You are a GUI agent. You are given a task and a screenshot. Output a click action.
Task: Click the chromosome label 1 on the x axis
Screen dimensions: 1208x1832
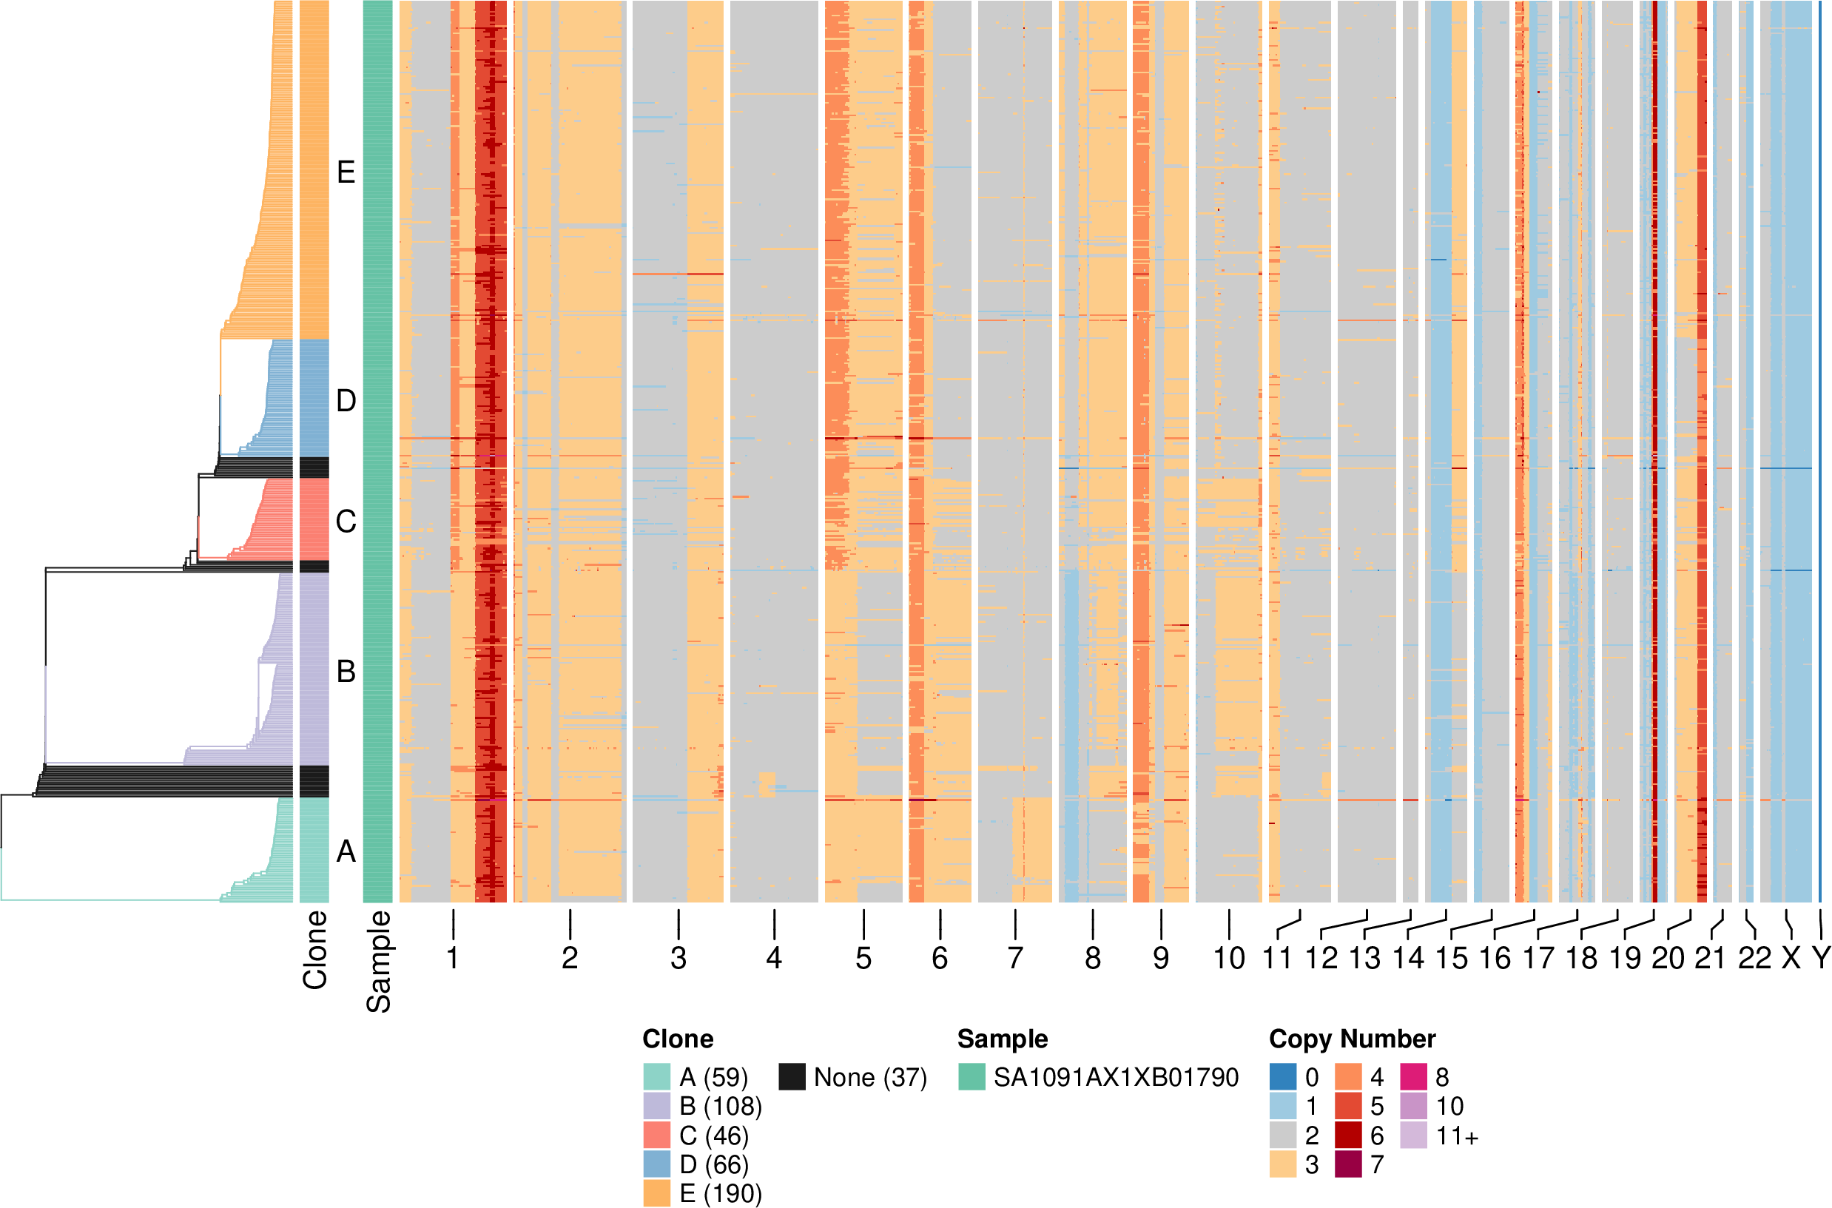[453, 959]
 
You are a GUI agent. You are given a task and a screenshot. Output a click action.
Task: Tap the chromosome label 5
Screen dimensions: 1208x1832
[863, 959]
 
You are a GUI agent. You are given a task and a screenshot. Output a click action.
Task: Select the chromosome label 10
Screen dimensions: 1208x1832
[1229, 959]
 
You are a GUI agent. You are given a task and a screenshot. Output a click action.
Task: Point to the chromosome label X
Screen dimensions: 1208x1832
[1791, 959]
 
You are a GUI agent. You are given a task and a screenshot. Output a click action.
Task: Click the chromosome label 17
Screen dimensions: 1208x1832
[1538, 959]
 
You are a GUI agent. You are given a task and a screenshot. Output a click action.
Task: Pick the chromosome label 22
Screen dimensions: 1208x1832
[1754, 959]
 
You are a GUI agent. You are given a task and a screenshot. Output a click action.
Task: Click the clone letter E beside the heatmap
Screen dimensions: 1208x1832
[346, 172]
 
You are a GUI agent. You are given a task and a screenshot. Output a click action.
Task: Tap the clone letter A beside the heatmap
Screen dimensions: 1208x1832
[346, 851]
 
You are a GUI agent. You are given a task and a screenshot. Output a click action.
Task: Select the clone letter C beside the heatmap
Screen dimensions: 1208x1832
[346, 522]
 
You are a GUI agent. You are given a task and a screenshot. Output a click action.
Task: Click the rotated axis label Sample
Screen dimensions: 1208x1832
[378, 962]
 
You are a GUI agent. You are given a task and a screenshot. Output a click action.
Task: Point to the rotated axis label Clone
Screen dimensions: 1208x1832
[315, 950]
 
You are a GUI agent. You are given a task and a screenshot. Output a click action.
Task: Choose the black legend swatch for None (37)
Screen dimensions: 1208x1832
[792, 1077]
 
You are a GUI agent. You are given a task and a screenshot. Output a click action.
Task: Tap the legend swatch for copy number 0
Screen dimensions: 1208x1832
[1283, 1077]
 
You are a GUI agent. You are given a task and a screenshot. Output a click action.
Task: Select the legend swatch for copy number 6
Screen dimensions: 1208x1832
[1347, 1136]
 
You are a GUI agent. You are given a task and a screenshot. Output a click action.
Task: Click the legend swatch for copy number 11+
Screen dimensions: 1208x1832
[1414, 1136]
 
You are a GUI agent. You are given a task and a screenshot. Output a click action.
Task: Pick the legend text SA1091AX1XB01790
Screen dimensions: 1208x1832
[1116, 1077]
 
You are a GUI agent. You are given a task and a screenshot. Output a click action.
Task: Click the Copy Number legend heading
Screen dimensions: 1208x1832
[1352, 1039]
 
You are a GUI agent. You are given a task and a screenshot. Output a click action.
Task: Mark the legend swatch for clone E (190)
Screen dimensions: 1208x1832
[657, 1193]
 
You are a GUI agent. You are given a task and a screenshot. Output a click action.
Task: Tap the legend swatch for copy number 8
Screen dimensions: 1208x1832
[1414, 1077]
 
